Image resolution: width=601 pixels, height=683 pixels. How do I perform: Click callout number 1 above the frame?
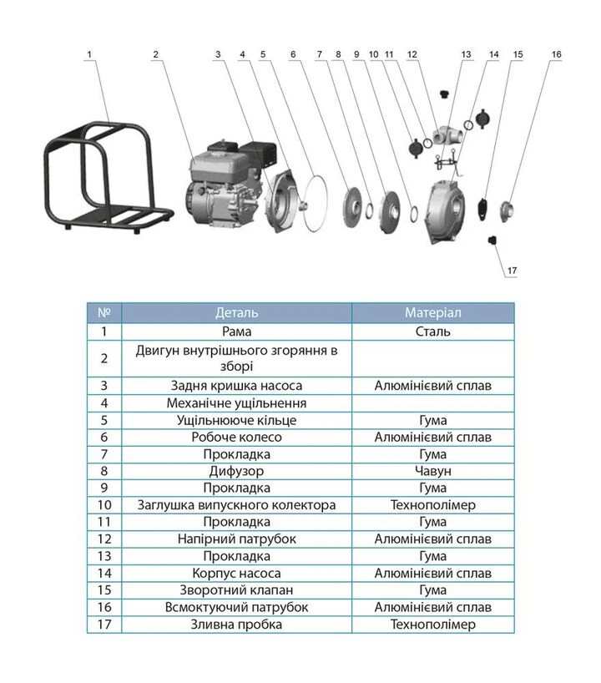[x=89, y=55]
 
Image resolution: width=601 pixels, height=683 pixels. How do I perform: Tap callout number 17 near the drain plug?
[x=512, y=271]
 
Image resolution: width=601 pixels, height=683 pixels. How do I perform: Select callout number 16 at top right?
[x=556, y=54]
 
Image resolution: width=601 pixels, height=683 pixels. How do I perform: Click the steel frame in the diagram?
[x=108, y=175]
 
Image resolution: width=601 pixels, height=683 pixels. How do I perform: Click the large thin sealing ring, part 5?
[x=316, y=203]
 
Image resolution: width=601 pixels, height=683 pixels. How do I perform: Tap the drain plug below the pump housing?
[x=492, y=240]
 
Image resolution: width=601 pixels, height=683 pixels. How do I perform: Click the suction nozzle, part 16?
[x=507, y=212]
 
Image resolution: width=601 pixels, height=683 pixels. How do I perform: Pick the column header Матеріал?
[x=432, y=313]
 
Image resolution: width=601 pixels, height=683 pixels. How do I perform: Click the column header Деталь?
[x=236, y=313]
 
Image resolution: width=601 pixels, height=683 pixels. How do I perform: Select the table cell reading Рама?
[x=236, y=332]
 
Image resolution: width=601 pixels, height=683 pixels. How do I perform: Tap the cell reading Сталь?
[x=432, y=332]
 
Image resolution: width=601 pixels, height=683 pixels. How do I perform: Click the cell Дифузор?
[x=236, y=471]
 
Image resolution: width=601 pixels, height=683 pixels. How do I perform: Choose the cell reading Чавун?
[x=432, y=471]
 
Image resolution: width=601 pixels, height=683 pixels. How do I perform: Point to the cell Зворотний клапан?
[x=236, y=590]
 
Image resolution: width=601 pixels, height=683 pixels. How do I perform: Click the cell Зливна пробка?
[x=236, y=625]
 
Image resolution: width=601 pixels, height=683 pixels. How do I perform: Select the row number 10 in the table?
[x=104, y=505]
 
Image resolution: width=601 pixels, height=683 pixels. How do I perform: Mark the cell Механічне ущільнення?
[x=236, y=403]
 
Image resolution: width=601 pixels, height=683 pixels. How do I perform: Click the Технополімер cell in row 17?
[x=432, y=625]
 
